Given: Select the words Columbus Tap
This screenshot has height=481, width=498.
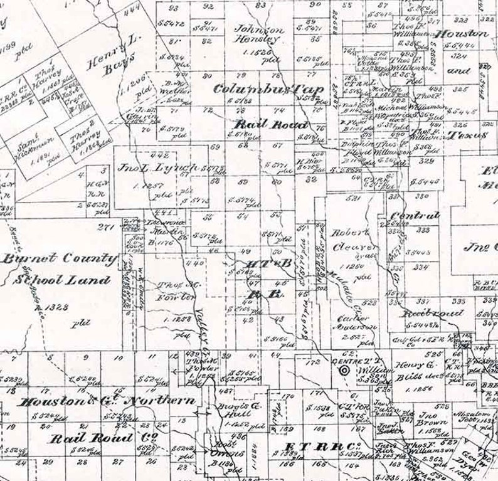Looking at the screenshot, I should point(270,90).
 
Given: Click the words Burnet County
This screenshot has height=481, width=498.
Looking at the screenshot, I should point(59,259).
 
